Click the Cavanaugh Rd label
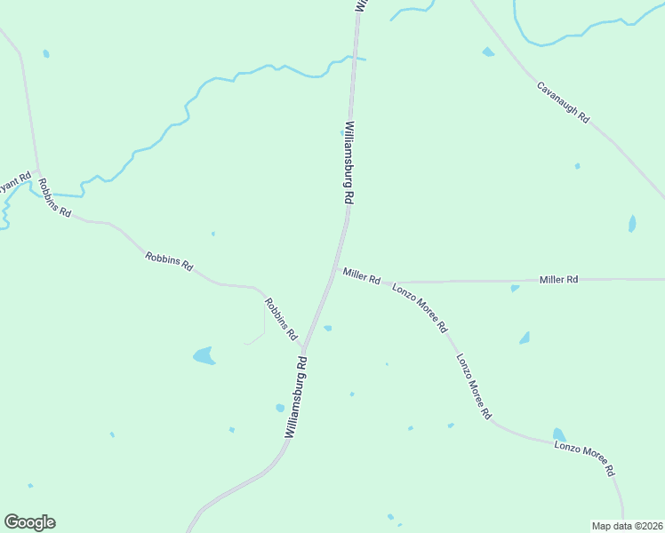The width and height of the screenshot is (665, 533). point(563,102)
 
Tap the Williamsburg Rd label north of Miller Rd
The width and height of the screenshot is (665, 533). point(349,163)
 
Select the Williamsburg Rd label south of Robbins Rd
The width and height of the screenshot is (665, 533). point(297,397)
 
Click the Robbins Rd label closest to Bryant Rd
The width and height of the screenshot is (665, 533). point(54,199)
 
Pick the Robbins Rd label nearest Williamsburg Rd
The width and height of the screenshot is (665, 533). point(280,319)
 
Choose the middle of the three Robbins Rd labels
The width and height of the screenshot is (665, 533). point(169,260)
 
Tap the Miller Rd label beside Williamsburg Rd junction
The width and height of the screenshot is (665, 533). point(362,275)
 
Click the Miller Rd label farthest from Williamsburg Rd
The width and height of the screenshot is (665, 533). point(559,279)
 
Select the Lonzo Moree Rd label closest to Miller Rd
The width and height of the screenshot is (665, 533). point(420,308)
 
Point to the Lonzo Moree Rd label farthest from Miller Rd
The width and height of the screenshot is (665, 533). point(585,457)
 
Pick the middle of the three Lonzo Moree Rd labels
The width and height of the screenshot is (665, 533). point(474,386)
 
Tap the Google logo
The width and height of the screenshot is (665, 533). point(29,522)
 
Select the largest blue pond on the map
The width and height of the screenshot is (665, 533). point(204,356)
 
